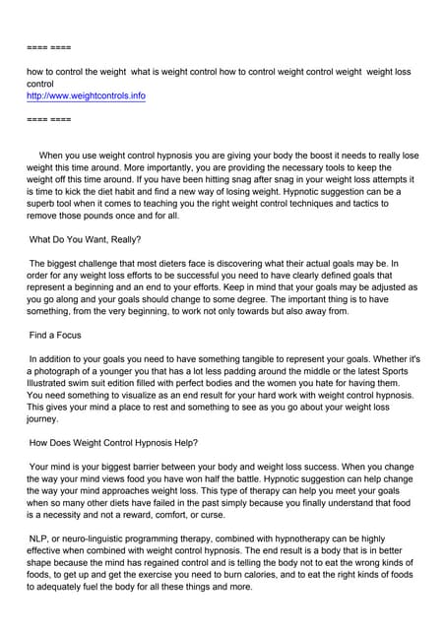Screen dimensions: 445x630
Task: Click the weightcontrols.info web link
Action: pyautogui.click(x=86, y=96)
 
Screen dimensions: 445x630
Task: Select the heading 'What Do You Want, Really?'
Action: pyautogui.click(x=85, y=239)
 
